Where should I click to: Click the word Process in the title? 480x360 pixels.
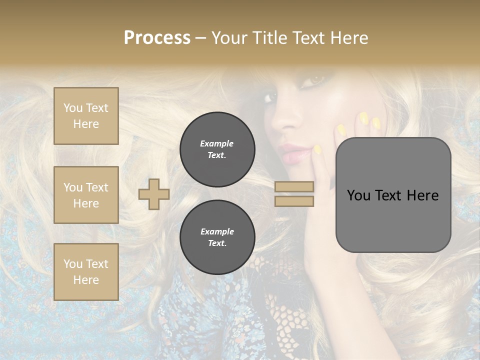(157, 38)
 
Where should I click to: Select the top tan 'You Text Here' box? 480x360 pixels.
(86, 116)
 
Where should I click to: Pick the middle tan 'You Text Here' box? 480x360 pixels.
(86, 195)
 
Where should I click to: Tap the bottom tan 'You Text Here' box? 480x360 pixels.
(86, 272)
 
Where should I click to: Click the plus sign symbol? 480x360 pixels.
(154, 194)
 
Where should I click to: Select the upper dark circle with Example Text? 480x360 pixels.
(217, 149)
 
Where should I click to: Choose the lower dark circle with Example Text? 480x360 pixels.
(217, 237)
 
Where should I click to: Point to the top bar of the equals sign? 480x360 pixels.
(294, 187)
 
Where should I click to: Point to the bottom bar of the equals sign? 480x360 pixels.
(294, 201)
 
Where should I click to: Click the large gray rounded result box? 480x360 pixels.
(393, 195)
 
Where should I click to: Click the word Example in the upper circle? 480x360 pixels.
(216, 143)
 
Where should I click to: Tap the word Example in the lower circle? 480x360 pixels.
(217, 231)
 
